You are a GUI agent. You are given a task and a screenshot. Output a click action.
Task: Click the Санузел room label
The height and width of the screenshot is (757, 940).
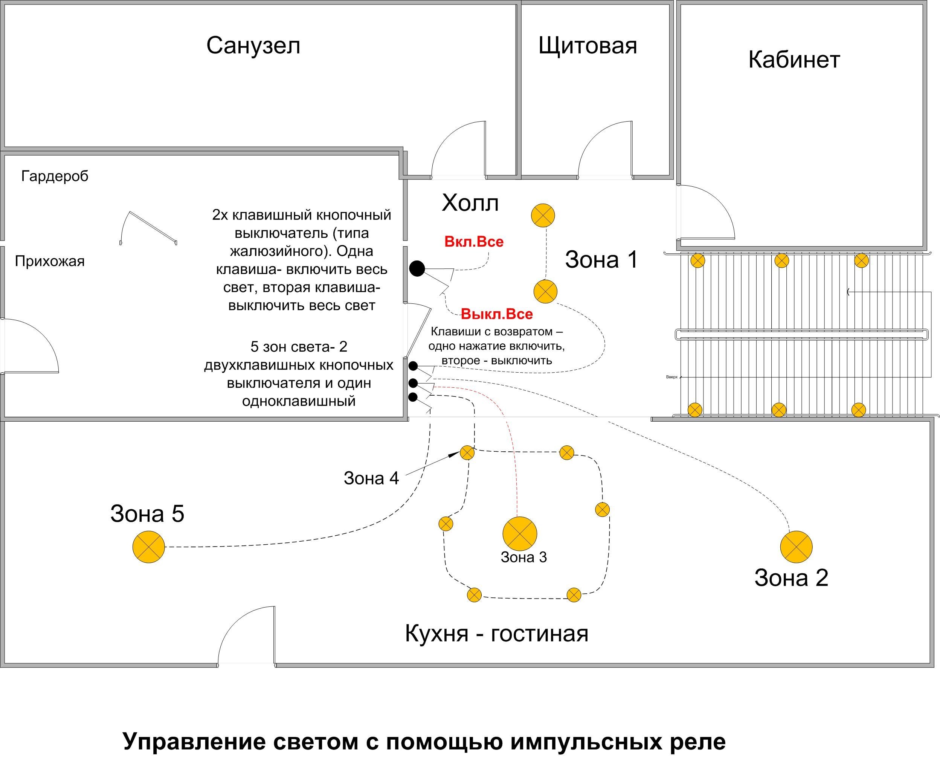(x=253, y=45)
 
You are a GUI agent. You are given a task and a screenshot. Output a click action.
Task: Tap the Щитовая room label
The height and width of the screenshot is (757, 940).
(x=587, y=45)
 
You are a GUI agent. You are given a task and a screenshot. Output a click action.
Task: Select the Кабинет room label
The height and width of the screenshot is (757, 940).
(x=794, y=59)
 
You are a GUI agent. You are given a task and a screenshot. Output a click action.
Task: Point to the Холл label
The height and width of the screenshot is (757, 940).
(x=470, y=203)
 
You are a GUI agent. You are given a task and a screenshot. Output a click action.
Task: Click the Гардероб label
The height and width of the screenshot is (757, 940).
(x=55, y=176)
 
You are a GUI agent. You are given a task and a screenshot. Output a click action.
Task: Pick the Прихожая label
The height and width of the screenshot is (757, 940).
(x=50, y=261)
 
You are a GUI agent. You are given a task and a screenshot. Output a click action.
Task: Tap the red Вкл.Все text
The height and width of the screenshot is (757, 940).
(x=474, y=242)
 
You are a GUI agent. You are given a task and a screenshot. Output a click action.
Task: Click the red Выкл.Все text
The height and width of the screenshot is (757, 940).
(x=496, y=314)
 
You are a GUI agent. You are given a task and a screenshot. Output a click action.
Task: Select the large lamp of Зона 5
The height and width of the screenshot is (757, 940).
(x=149, y=547)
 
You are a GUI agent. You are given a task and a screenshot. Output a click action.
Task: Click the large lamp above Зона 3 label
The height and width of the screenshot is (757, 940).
(x=519, y=533)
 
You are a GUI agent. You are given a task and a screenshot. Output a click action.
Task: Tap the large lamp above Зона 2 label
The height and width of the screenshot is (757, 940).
(x=796, y=547)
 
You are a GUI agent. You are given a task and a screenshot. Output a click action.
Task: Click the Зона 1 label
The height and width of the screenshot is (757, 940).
(x=601, y=259)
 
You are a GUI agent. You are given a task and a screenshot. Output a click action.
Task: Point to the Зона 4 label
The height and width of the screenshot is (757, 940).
(x=371, y=478)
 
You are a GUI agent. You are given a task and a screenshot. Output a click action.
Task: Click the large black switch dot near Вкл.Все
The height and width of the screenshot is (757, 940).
(x=417, y=268)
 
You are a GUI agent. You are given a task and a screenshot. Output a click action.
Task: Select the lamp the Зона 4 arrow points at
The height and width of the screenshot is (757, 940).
(x=467, y=452)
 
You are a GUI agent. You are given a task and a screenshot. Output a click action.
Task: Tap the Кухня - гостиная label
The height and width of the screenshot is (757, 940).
(x=496, y=633)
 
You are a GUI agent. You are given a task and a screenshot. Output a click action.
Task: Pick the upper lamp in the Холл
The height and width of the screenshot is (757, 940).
(x=543, y=215)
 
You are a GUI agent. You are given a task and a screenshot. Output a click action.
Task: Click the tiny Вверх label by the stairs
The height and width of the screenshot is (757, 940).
(x=672, y=377)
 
